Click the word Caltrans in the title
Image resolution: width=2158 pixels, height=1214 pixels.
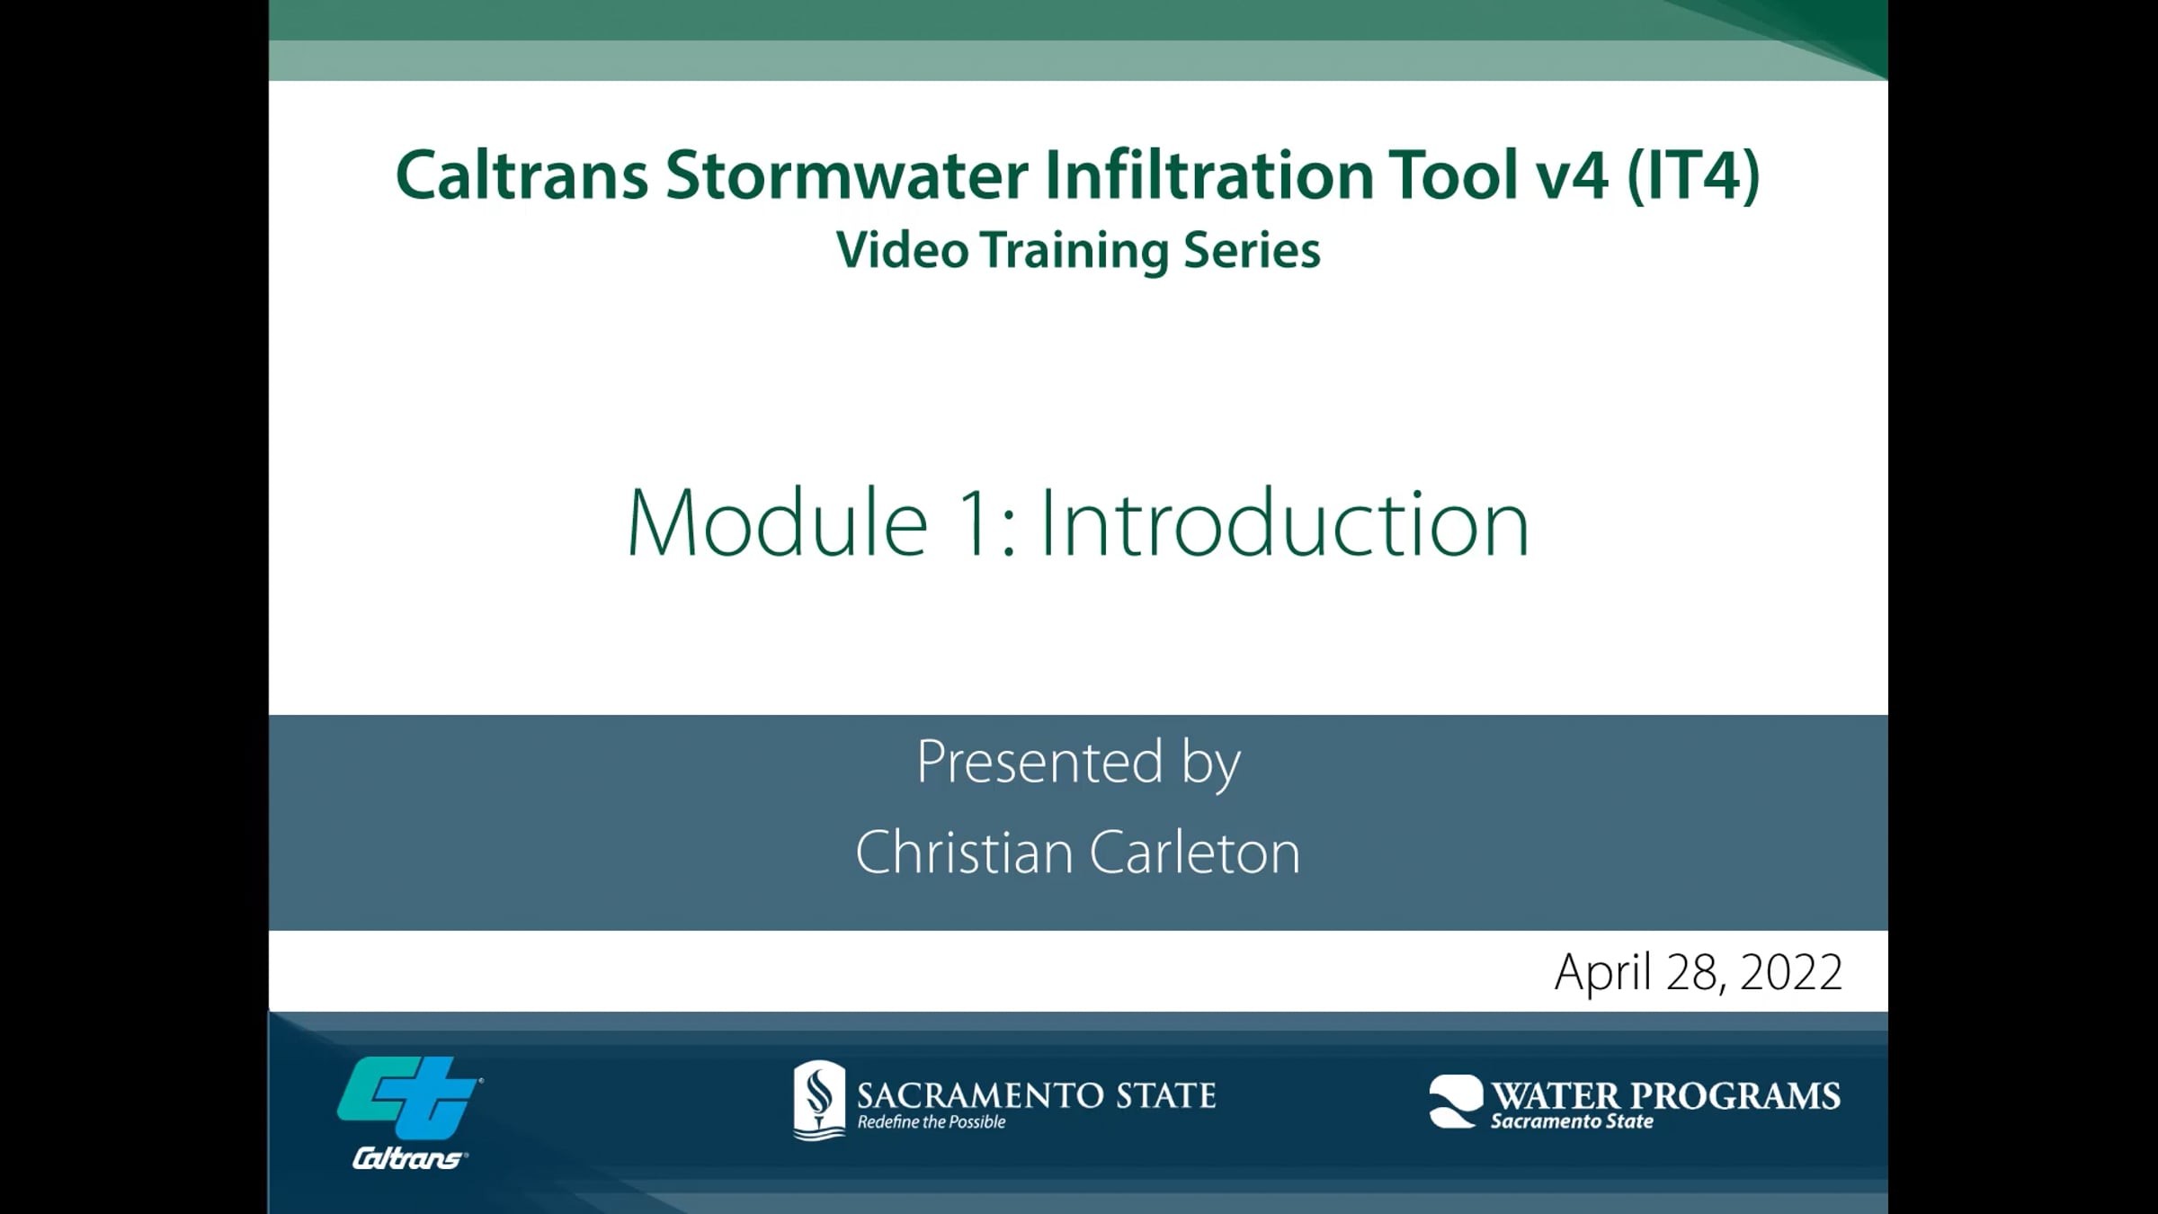tap(522, 175)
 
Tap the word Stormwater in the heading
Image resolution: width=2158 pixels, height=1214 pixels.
tap(846, 175)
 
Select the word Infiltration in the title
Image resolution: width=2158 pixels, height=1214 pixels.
tap(1208, 175)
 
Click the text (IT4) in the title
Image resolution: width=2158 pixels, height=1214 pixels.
tap(1693, 175)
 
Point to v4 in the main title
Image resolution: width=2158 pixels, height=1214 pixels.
tap(1572, 175)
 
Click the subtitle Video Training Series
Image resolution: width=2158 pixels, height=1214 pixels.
tap(1078, 250)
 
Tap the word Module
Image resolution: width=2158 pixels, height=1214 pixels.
tap(777, 524)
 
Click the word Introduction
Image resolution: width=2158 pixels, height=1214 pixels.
tap(1284, 524)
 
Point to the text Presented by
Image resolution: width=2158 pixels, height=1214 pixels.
tap(1078, 763)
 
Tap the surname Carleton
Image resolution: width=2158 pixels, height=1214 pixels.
tap(1196, 852)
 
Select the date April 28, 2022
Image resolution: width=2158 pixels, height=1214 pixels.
tap(1698, 973)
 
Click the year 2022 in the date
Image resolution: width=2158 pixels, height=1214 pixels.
tap(1791, 973)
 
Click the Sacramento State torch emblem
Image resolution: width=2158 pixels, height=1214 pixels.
tap(819, 1099)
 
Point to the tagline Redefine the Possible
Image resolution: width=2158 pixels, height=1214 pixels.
tap(931, 1122)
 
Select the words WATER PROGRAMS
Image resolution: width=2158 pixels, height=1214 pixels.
tap(1665, 1095)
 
